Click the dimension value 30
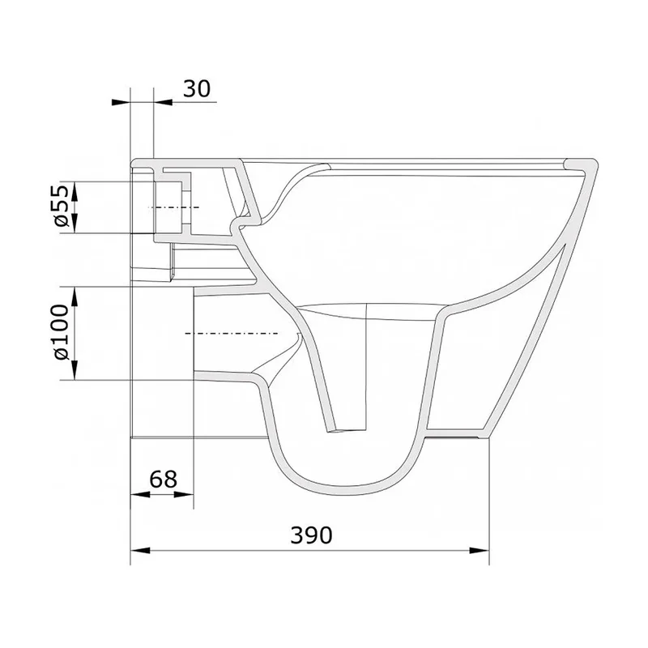click(197, 88)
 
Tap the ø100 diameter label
click(61, 332)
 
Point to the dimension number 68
click(164, 480)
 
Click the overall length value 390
click(311, 535)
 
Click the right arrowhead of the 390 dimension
click(480, 550)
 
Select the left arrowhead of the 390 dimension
click(140, 550)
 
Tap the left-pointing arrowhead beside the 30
click(121, 102)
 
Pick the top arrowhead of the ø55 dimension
click(75, 191)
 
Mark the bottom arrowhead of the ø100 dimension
click(75, 370)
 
